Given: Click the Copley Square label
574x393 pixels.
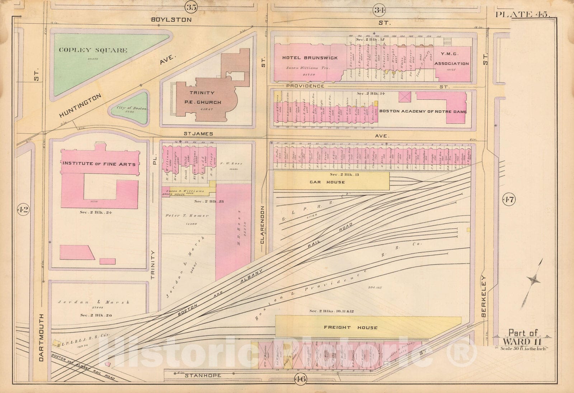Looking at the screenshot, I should click(x=93, y=50).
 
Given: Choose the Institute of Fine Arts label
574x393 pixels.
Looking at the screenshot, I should click(x=99, y=164).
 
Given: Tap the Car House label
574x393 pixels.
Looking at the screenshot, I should click(x=327, y=182).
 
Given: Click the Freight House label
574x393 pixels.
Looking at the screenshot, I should click(x=350, y=327).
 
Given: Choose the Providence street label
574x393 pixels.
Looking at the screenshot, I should click(x=305, y=86).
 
